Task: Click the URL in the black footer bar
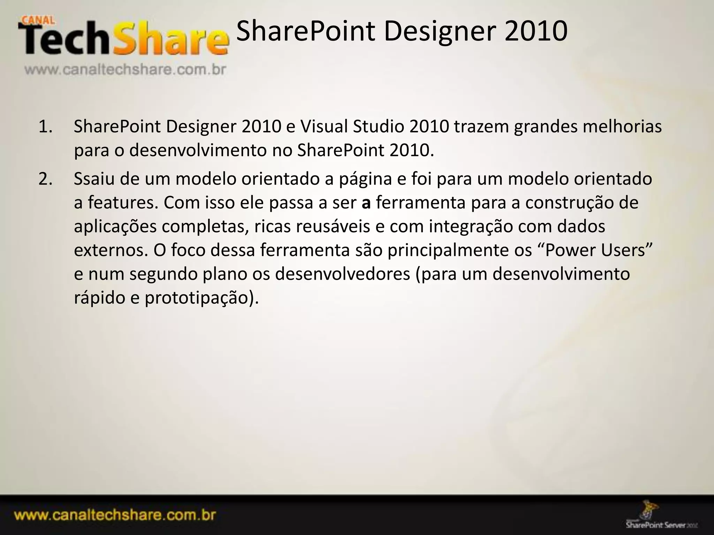click(x=115, y=515)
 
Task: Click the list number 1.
click(x=45, y=126)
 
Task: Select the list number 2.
click(x=45, y=179)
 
